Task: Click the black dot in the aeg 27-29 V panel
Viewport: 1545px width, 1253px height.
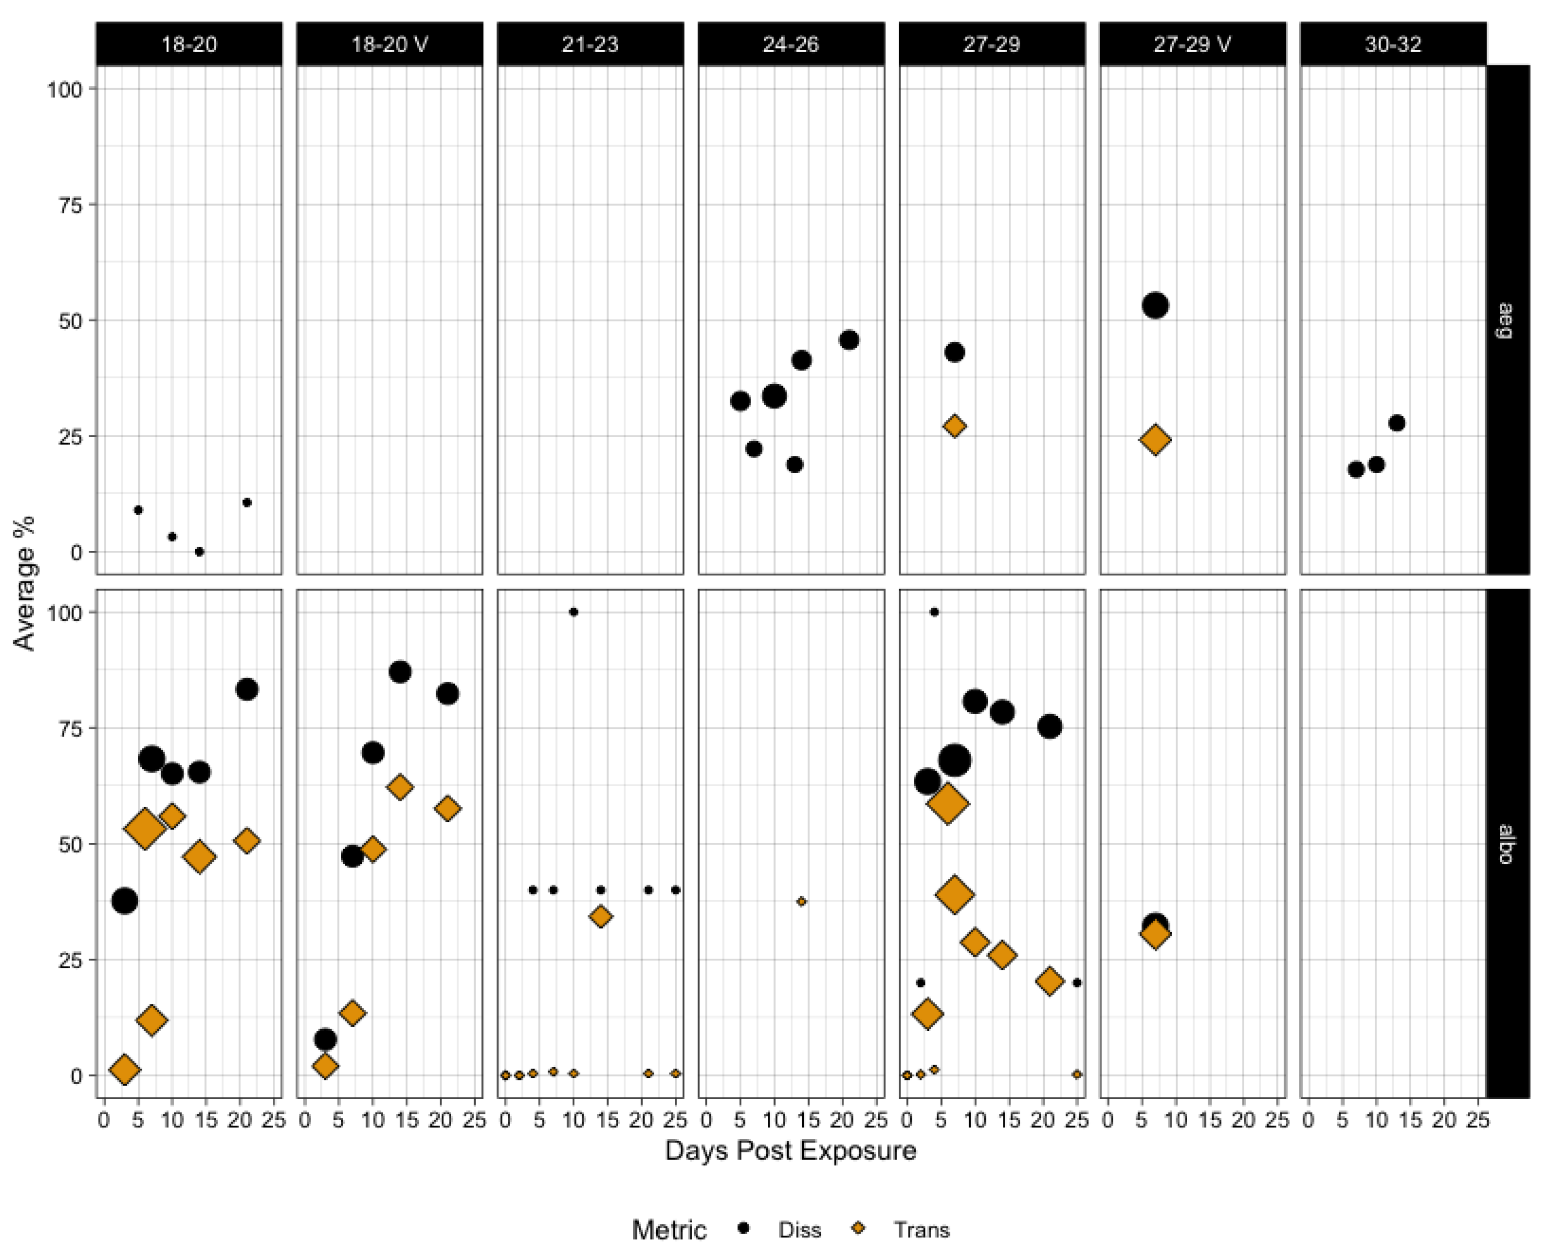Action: pyautogui.click(x=1155, y=305)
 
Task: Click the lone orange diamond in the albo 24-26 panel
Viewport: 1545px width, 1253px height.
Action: pyautogui.click(x=801, y=901)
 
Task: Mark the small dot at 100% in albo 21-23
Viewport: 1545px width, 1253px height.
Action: pyautogui.click(x=574, y=612)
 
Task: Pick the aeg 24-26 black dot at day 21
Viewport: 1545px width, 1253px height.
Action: pyautogui.click(x=849, y=340)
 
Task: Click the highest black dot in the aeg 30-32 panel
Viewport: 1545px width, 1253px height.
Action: pyautogui.click(x=1397, y=423)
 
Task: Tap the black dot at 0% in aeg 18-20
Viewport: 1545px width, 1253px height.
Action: pyautogui.click(x=200, y=552)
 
